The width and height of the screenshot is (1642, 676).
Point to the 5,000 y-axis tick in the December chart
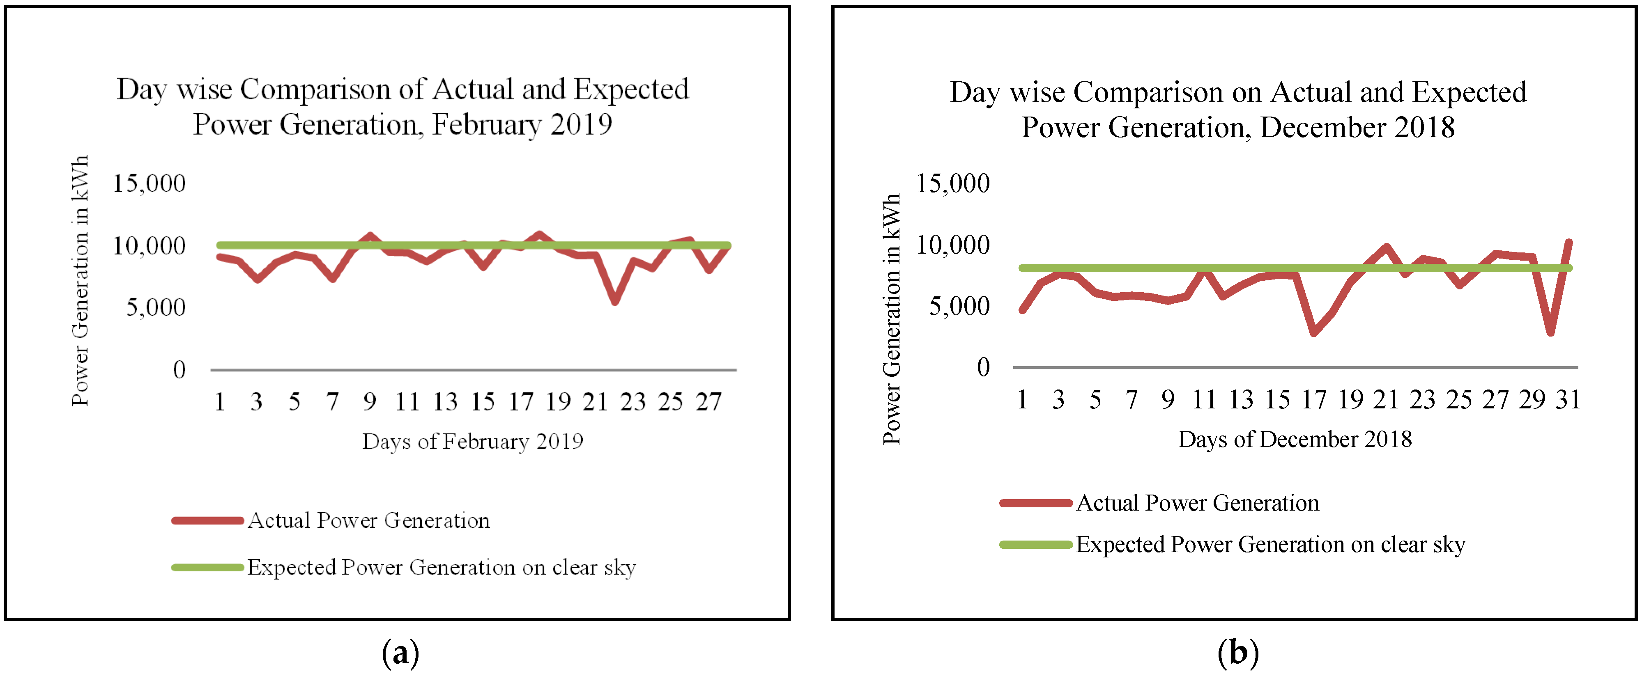[959, 307]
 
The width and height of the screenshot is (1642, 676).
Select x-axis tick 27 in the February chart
[708, 402]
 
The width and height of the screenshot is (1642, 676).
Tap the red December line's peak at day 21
[1387, 247]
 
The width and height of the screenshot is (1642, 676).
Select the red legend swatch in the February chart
[207, 520]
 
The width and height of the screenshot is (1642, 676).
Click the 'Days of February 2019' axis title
[472, 442]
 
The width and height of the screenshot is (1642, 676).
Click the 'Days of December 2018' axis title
[1295, 440]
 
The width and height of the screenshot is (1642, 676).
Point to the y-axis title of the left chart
[80, 280]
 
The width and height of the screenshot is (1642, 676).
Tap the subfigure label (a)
[400, 653]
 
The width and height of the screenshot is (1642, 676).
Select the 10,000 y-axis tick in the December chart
[952, 245]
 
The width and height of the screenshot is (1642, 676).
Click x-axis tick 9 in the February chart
[370, 402]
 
